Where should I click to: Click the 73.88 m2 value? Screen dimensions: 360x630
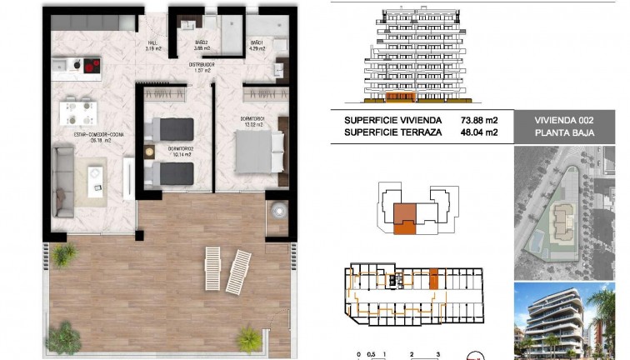coord(479,119)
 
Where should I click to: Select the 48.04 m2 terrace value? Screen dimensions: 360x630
coord(479,132)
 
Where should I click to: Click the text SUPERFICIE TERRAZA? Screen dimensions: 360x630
coord(392,132)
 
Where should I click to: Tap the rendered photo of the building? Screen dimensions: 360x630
coord(571,320)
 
